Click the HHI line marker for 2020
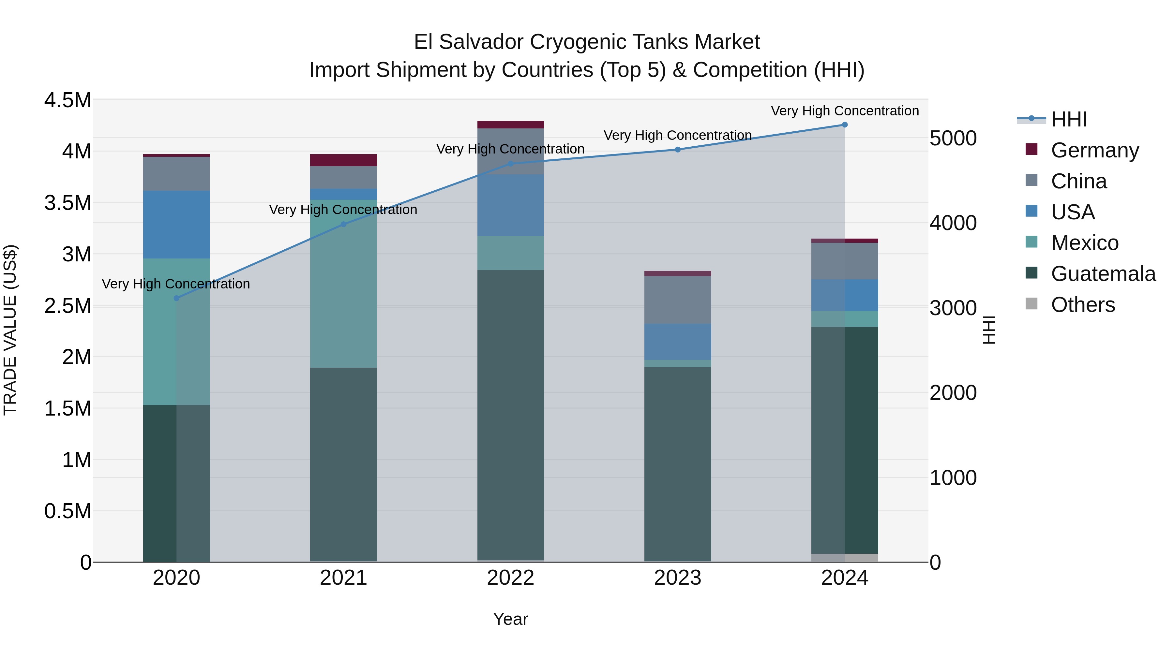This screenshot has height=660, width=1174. coord(176,298)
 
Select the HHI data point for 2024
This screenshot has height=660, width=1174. coord(845,125)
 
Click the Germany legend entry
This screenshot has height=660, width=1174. coord(1095,150)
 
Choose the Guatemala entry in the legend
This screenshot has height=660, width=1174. coord(1103,274)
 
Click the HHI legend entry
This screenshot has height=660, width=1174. coord(1069,119)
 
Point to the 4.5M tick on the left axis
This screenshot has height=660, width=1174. coord(68,100)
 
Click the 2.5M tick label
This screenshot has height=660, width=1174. coord(68,306)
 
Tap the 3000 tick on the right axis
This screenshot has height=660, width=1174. coord(953,308)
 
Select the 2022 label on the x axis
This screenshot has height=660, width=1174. coord(510,578)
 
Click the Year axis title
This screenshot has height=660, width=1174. coord(510,619)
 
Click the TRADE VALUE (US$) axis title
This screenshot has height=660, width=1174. coord(10,330)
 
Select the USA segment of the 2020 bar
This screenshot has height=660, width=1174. coord(176,225)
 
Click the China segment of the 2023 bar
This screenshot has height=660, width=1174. coord(677,300)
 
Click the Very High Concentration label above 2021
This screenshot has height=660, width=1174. coord(343,210)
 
